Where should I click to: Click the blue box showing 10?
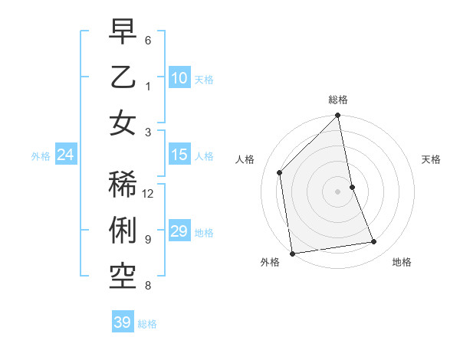[179, 77]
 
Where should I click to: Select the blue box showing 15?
[179, 155]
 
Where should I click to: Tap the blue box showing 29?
[179, 231]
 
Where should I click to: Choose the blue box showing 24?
[65, 155]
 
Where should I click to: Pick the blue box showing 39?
[123, 322]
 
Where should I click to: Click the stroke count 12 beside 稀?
[149, 193]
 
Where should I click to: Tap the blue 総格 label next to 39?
[147, 324]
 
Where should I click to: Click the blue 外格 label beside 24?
[41, 156]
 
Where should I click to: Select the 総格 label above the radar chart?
[338, 100]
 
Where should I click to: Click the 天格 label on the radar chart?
[431, 159]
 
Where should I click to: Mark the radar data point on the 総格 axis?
[338, 116]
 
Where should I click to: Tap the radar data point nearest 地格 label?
[374, 242]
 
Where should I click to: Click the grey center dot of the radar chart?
[338, 191]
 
